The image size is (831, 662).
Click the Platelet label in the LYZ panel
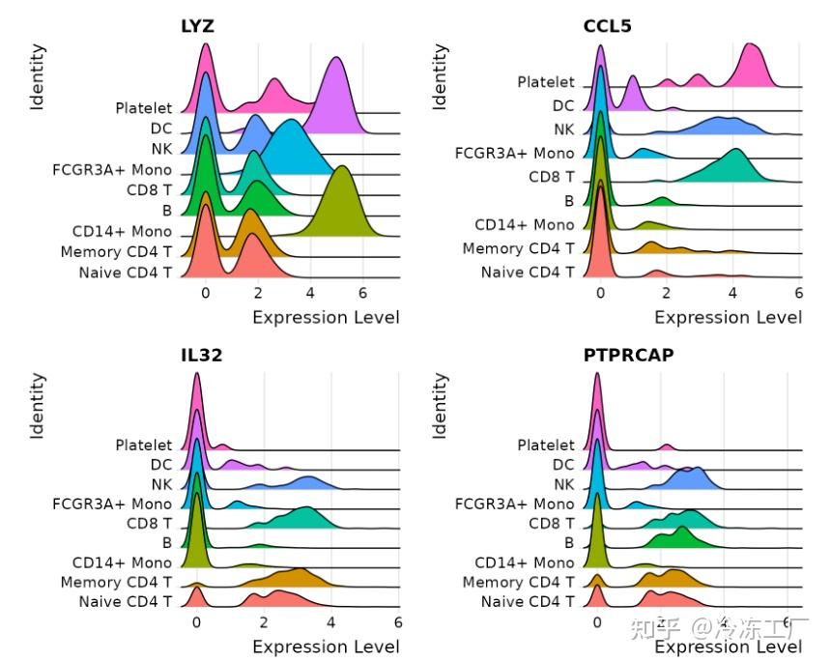pos(143,107)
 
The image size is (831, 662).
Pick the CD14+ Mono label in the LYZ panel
pos(122,232)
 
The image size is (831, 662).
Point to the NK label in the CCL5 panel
pos(563,129)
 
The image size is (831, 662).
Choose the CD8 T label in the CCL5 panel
pos(552,177)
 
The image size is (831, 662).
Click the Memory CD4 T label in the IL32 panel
pos(116,582)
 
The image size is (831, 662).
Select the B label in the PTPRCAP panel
pos(569,542)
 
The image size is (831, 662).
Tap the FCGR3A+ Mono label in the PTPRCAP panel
pos(514,503)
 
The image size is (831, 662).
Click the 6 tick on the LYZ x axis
pos(363,291)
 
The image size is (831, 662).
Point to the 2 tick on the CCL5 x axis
pos(667,291)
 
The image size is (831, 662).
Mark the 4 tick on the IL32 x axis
pos(330,621)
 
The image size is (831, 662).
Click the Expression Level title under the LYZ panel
pos(326,317)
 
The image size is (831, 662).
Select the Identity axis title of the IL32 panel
pos(38,406)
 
